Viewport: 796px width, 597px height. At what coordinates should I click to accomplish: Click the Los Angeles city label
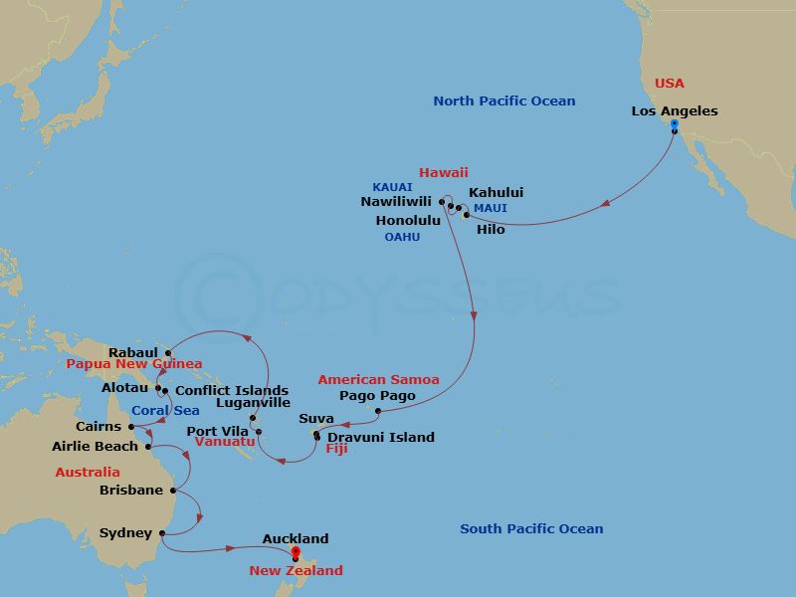point(675,111)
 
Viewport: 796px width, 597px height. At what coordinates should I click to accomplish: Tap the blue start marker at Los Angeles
point(675,126)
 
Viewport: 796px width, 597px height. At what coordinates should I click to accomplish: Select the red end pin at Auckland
point(296,554)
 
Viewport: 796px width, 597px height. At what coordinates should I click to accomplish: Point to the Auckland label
point(296,539)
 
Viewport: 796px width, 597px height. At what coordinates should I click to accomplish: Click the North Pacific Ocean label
point(504,101)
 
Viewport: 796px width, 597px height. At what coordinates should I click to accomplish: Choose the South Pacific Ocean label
point(531,529)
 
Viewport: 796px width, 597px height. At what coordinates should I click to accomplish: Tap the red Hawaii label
point(444,172)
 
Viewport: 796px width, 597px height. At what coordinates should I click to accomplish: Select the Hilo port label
point(491,230)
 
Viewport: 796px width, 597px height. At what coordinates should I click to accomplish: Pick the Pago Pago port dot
point(378,410)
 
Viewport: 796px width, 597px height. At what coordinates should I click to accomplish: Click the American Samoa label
point(378,380)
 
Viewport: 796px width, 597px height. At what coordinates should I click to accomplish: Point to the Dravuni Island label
point(381,437)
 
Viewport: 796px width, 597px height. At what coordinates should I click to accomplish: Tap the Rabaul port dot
point(167,352)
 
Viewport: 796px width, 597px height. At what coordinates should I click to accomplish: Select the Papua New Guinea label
point(134,364)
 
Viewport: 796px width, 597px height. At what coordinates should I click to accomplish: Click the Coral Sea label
point(165,410)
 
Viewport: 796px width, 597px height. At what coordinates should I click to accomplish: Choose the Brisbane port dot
point(173,490)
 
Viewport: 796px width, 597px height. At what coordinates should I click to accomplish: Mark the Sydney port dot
point(161,533)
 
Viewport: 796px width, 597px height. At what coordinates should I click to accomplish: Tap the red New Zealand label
point(296,571)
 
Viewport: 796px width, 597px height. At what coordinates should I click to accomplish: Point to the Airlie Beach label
point(96,447)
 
